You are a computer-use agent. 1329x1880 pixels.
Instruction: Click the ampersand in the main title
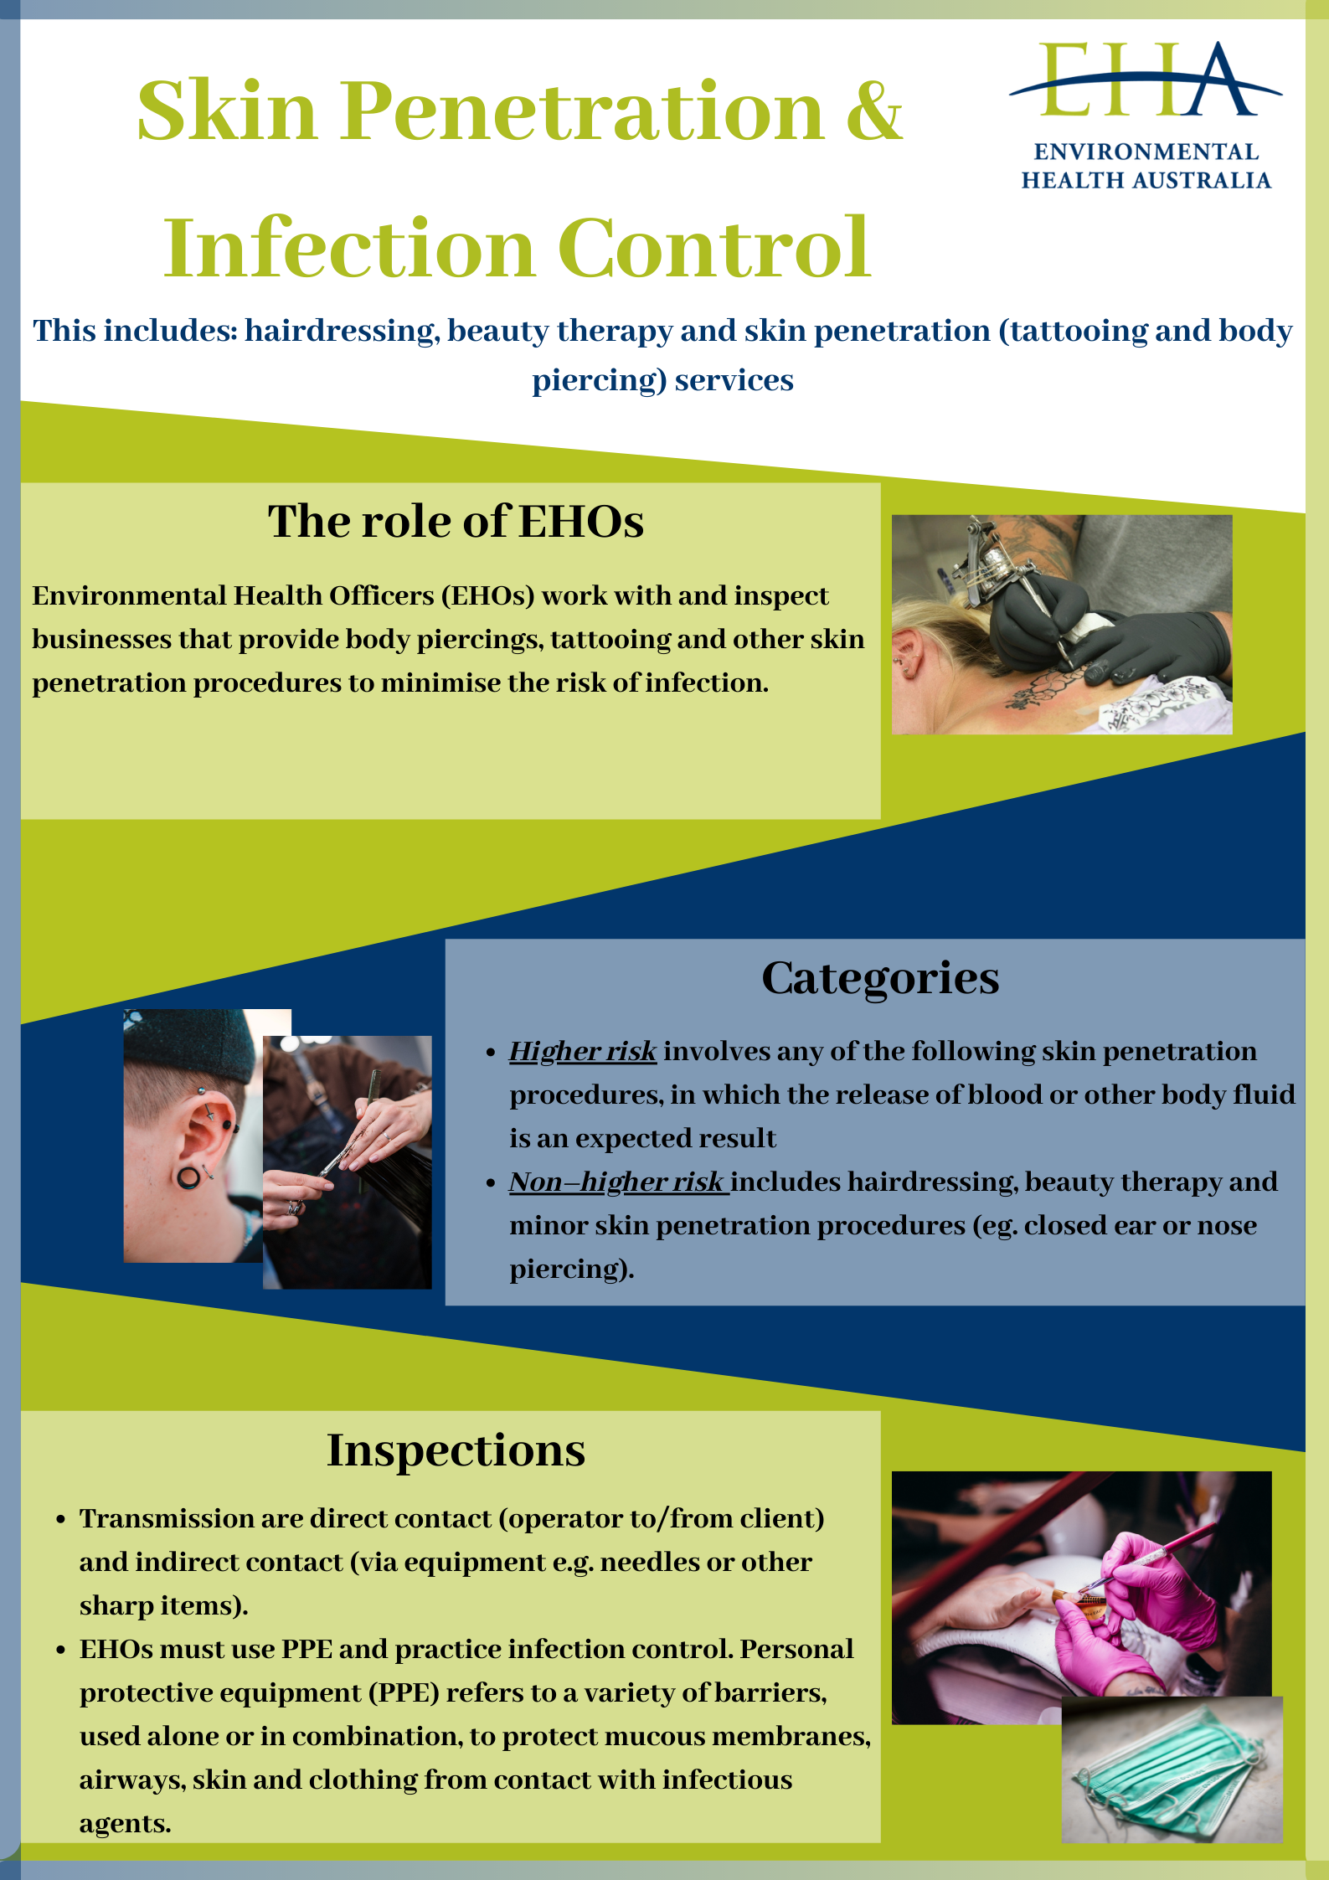874,111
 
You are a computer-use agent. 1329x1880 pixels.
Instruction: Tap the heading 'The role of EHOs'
456,521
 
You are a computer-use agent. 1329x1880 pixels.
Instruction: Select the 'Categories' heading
880,978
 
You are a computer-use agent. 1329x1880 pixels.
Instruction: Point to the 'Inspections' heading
456,1450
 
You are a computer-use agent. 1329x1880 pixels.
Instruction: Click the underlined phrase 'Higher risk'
583,1051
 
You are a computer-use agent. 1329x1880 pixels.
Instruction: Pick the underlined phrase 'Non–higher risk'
618,1182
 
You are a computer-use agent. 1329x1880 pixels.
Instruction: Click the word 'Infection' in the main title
349,249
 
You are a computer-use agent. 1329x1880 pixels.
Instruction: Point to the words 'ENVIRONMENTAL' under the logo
1146,152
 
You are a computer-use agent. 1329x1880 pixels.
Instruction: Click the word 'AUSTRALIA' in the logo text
1204,180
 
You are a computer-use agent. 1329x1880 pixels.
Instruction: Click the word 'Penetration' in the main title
583,111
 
